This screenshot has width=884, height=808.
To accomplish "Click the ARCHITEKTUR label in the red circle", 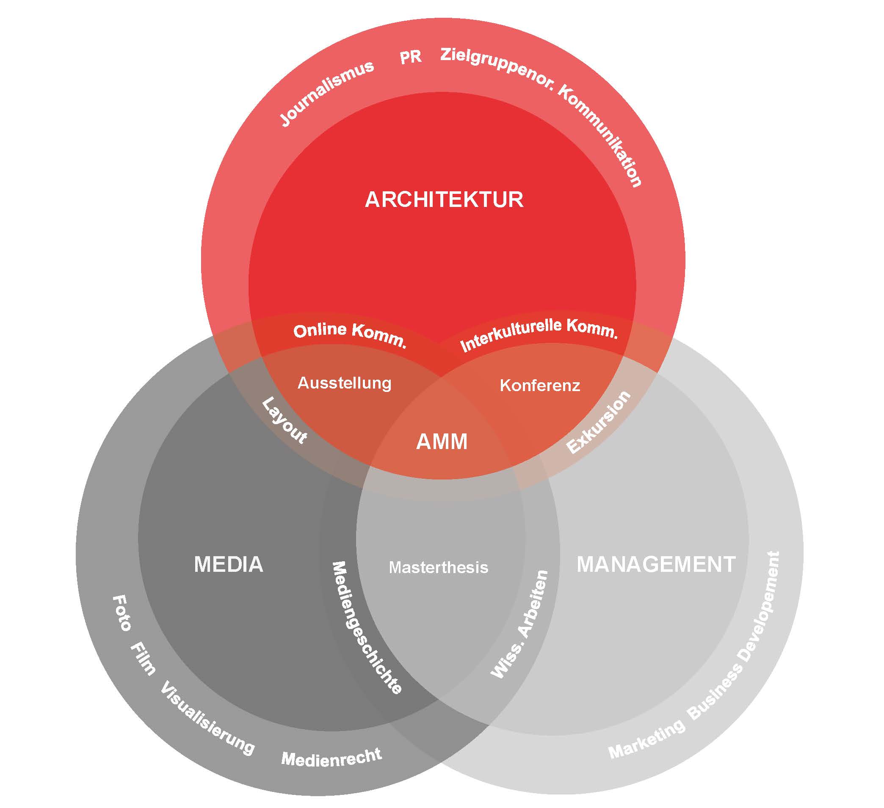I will (444, 199).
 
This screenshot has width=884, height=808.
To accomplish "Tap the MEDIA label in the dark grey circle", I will (229, 564).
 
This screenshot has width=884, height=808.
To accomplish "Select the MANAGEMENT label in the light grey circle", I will (655, 564).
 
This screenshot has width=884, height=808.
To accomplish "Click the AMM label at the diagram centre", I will (442, 441).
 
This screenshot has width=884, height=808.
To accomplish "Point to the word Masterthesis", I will (438, 567).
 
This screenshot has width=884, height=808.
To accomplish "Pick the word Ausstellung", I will (344, 383).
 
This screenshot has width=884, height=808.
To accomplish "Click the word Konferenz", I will (540, 386).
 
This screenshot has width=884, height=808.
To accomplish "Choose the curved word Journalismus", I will (327, 93).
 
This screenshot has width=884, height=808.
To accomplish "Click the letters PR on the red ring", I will (410, 58).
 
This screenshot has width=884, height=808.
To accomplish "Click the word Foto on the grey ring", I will (122, 613).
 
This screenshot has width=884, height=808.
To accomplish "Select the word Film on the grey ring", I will (144, 659).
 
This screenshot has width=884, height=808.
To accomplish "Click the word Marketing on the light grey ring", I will (646, 739).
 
